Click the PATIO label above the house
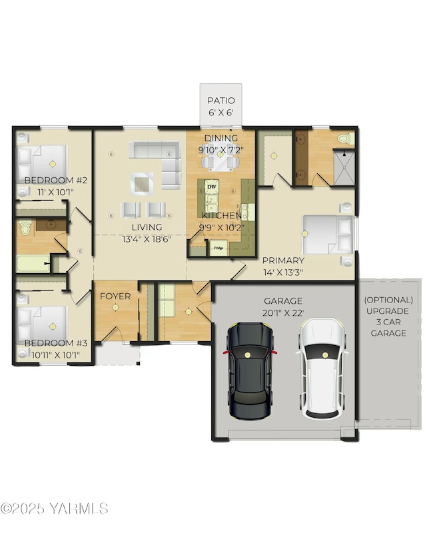220,101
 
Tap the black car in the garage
250,370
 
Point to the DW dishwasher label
212,187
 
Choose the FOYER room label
115,296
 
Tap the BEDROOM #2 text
56,181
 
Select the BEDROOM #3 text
55,343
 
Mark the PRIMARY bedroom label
283,261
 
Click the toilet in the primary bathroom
344,139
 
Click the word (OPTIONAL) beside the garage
388,300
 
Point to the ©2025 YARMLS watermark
55,508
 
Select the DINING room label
220,139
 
